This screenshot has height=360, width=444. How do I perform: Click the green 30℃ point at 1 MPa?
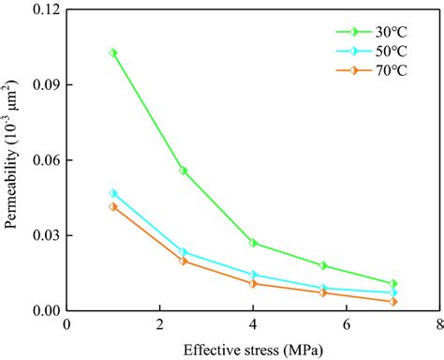click(113, 53)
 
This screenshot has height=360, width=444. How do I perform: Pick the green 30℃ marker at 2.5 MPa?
click(184, 171)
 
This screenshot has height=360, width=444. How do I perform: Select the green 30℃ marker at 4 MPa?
click(253, 243)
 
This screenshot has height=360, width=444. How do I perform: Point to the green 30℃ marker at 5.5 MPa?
click(323, 265)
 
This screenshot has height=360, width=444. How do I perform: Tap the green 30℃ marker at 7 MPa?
click(393, 283)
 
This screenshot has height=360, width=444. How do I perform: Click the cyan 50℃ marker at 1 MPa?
click(113, 193)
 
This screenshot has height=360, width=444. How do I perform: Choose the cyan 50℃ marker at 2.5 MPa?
click(184, 252)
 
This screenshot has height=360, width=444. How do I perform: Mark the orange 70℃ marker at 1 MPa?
click(113, 206)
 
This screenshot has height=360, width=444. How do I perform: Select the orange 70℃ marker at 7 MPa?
click(393, 302)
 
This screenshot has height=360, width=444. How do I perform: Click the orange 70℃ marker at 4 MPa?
click(253, 283)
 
